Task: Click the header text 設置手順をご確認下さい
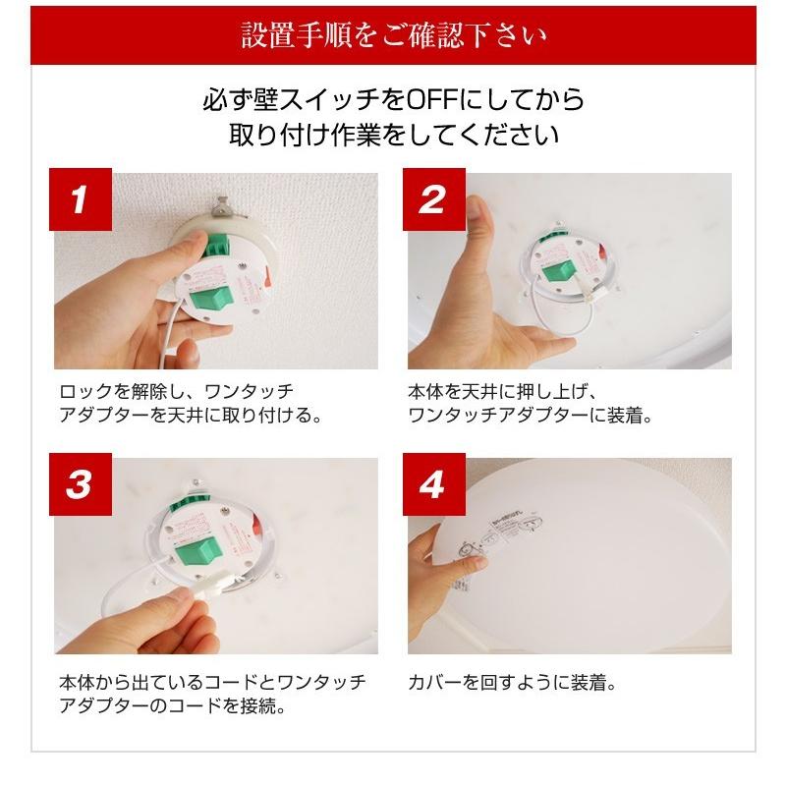tap(393, 37)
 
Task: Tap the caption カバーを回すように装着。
tap(511, 681)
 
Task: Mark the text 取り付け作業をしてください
tap(393, 134)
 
